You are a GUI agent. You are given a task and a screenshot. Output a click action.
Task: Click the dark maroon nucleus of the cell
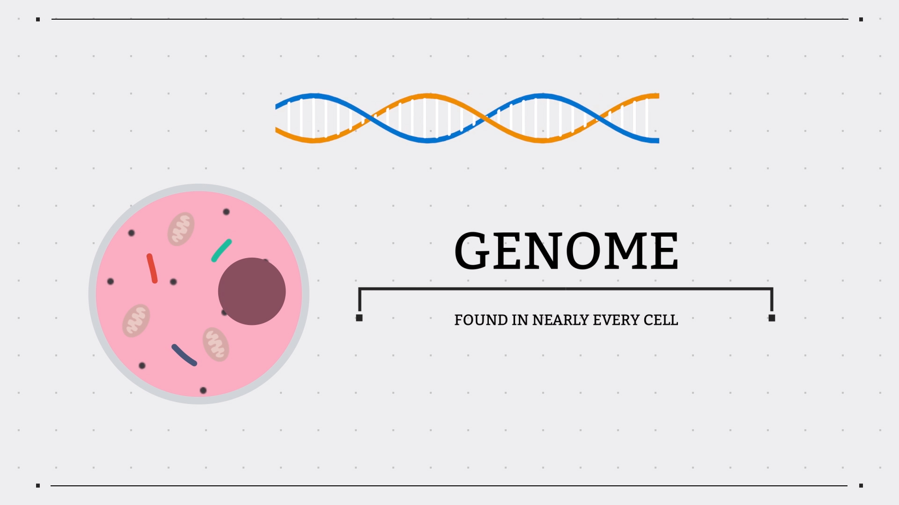tap(252, 291)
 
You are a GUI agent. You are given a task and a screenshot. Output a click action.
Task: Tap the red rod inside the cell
tap(152, 268)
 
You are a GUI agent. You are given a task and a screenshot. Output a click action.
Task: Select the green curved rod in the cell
tap(221, 250)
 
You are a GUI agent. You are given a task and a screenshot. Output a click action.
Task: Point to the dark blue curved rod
tap(184, 355)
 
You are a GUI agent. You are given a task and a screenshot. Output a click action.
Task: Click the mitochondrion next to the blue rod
tap(216, 345)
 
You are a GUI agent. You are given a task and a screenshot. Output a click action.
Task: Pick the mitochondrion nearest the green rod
tap(181, 229)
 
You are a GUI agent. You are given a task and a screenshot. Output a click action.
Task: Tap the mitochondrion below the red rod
tap(136, 320)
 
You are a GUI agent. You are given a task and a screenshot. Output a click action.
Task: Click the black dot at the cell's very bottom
tap(203, 390)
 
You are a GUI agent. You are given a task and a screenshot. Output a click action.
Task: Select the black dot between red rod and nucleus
tap(173, 282)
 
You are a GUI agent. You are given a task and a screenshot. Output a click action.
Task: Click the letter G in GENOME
tap(472, 251)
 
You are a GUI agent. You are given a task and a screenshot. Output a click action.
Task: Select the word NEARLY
tap(560, 320)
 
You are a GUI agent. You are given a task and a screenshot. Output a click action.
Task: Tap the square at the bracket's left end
tap(359, 318)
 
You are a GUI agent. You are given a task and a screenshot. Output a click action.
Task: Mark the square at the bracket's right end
tap(772, 318)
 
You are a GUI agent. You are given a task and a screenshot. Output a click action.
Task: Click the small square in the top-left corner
tap(38, 19)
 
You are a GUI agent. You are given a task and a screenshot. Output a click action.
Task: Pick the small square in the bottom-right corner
tap(861, 485)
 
